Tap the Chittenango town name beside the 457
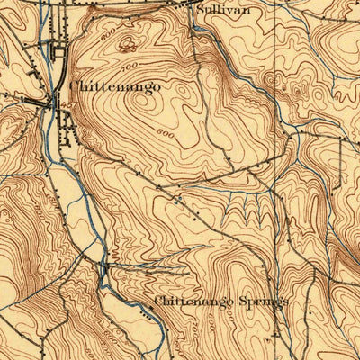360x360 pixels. click(114, 86)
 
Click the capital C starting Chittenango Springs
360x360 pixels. click(159, 301)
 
